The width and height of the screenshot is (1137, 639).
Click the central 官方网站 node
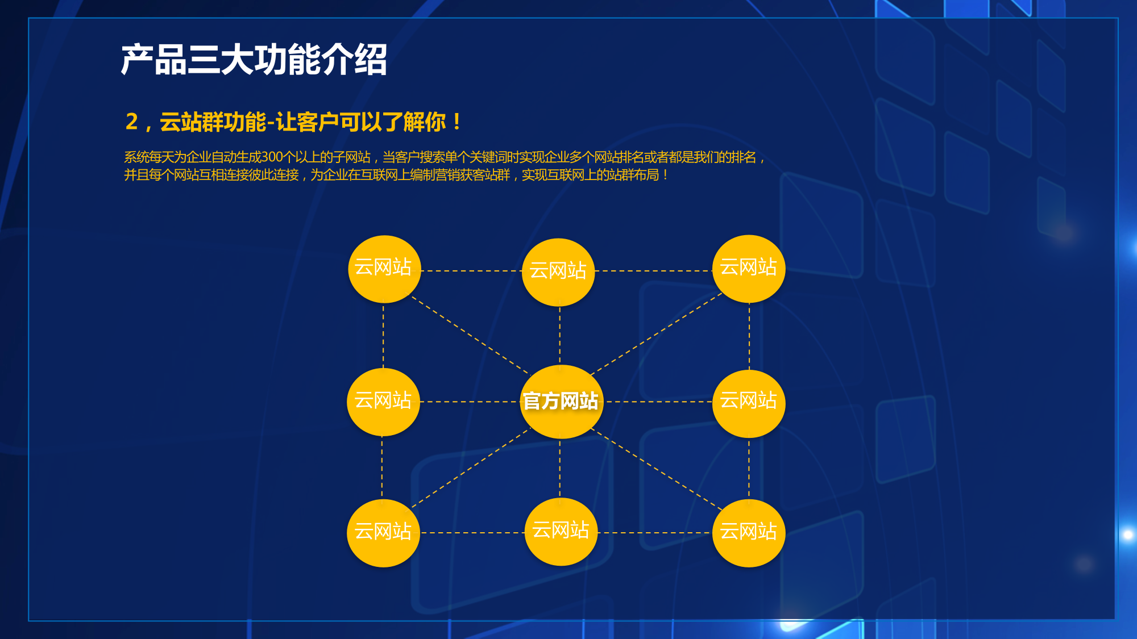coord(561,402)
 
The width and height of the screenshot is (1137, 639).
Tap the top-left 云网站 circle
coord(384,269)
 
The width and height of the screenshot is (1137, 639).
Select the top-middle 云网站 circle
coord(558,272)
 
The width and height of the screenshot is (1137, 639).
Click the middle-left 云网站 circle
coord(383,402)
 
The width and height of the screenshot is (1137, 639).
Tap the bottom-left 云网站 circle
coord(383,533)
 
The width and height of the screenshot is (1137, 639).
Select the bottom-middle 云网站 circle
coord(561,532)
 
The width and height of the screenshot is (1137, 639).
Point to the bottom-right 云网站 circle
coord(749,533)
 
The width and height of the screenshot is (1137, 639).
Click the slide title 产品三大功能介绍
coord(254,60)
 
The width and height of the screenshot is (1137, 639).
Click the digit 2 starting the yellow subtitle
coord(132,122)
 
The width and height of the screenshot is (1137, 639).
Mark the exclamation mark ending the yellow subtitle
coord(457,122)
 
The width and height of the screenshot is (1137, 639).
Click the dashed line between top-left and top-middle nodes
coord(471,271)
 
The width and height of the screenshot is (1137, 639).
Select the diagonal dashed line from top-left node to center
coord(470,335)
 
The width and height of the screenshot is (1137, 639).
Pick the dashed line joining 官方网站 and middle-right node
coord(658,402)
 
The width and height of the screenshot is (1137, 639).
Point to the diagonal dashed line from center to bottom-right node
coord(657,469)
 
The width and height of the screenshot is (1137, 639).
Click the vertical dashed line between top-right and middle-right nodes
coord(749,336)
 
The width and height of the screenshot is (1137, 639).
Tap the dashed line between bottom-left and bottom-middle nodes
coord(472,533)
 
